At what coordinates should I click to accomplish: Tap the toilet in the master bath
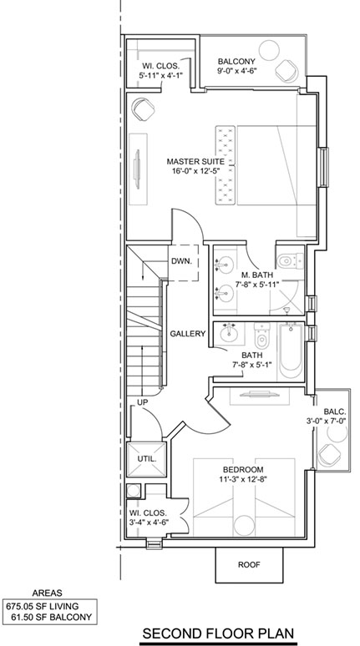coord(290,260)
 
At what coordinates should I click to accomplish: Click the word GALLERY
coord(188,334)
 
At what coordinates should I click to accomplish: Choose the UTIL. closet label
coord(146,458)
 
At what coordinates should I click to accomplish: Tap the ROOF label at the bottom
coord(249,564)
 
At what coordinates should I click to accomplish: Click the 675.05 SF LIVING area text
coord(42,606)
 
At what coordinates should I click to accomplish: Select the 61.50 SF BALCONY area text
coord(51,617)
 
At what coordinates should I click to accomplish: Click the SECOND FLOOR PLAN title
coord(218,633)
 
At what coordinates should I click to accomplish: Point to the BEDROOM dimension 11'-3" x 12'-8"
coord(243,480)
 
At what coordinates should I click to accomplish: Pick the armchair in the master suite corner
coord(143,109)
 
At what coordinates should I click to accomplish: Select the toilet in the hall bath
coord(261,336)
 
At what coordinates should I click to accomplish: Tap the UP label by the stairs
coord(143,402)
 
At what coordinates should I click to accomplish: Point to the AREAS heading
coord(47,593)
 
